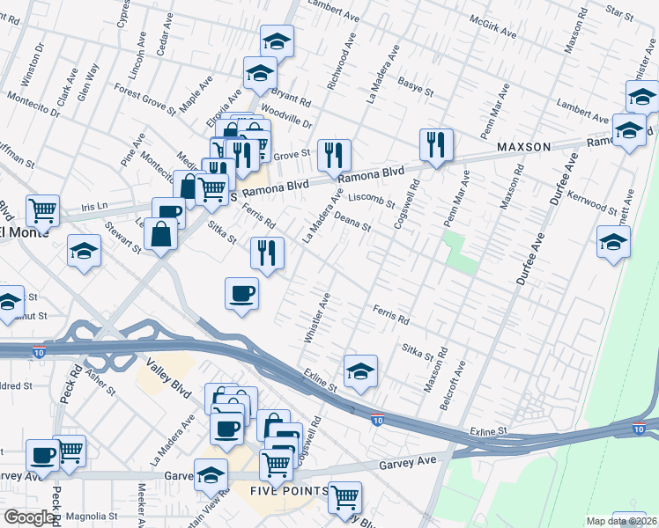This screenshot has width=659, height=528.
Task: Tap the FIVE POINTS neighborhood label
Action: tap(288, 491)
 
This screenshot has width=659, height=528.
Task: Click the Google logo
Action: tap(29, 517)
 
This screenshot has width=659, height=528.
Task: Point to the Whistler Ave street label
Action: tap(317, 318)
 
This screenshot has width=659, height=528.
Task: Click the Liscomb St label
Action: tap(371, 200)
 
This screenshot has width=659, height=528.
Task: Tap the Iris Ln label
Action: tap(93, 205)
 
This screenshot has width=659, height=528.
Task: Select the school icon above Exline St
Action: tap(360, 371)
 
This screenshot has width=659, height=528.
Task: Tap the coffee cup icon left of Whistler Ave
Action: tap(241, 293)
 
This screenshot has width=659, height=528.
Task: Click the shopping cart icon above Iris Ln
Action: tap(42, 209)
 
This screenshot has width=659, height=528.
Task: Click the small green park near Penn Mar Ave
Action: tap(460, 253)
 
